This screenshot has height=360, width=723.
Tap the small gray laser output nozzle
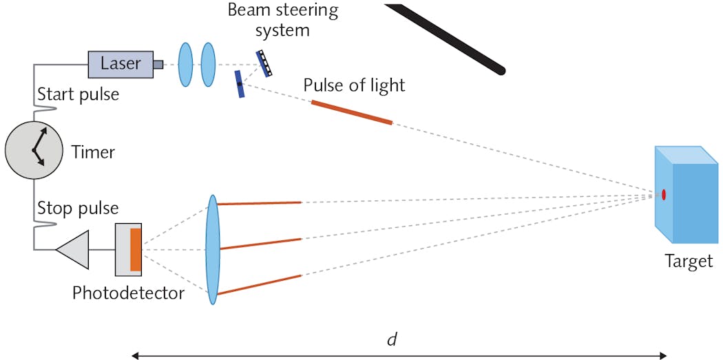[x=158, y=65]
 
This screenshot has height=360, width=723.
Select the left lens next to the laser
[x=185, y=65]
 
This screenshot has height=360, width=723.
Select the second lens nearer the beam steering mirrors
[x=207, y=65]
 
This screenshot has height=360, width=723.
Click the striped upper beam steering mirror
[x=264, y=63]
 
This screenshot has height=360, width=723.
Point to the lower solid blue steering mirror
[x=239, y=84]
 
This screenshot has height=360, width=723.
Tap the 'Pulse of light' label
[x=354, y=85]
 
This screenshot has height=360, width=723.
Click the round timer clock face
[x=34, y=150]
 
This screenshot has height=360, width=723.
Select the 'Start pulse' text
[x=78, y=94]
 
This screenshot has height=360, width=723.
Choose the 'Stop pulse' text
[x=77, y=208]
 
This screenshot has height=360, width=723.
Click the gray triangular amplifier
[x=74, y=249]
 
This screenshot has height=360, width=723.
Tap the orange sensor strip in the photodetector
[x=136, y=249]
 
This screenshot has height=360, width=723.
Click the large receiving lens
[x=212, y=248]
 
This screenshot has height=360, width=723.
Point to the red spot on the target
[x=664, y=195]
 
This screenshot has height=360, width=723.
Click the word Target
[x=688, y=262]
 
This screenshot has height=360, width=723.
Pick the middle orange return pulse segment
[x=260, y=244]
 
